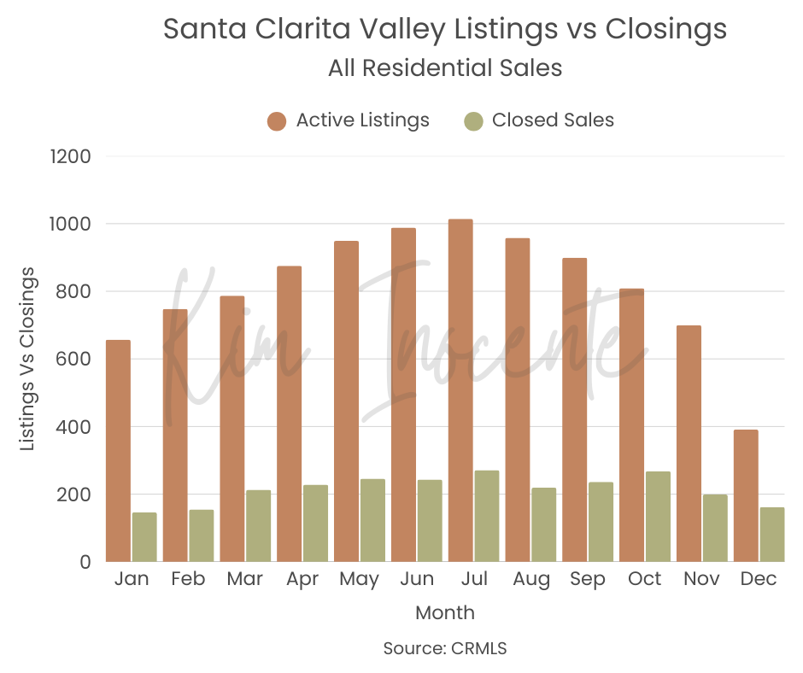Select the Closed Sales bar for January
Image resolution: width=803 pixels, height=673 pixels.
(x=144, y=537)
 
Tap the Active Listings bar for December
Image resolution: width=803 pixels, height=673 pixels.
(x=746, y=495)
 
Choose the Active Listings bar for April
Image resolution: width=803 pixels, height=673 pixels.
(x=289, y=414)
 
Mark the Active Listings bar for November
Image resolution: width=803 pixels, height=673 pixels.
(x=689, y=443)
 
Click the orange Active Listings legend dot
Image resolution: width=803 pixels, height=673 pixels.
(x=276, y=120)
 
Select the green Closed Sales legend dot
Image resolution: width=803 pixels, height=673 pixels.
(x=473, y=120)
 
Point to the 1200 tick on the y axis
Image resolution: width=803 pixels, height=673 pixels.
(x=73, y=156)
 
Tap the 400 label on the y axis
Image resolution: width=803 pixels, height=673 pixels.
(x=74, y=427)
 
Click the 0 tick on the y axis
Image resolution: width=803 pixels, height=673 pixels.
(x=83, y=562)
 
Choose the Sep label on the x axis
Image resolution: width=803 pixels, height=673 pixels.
(x=587, y=579)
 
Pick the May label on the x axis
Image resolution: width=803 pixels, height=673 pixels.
(x=359, y=579)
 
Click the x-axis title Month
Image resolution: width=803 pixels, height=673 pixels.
(x=445, y=612)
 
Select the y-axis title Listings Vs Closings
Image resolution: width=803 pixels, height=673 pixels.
(x=28, y=359)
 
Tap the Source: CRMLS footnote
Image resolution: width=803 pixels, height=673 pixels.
(x=445, y=648)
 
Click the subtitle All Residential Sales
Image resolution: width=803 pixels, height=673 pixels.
(x=445, y=68)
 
